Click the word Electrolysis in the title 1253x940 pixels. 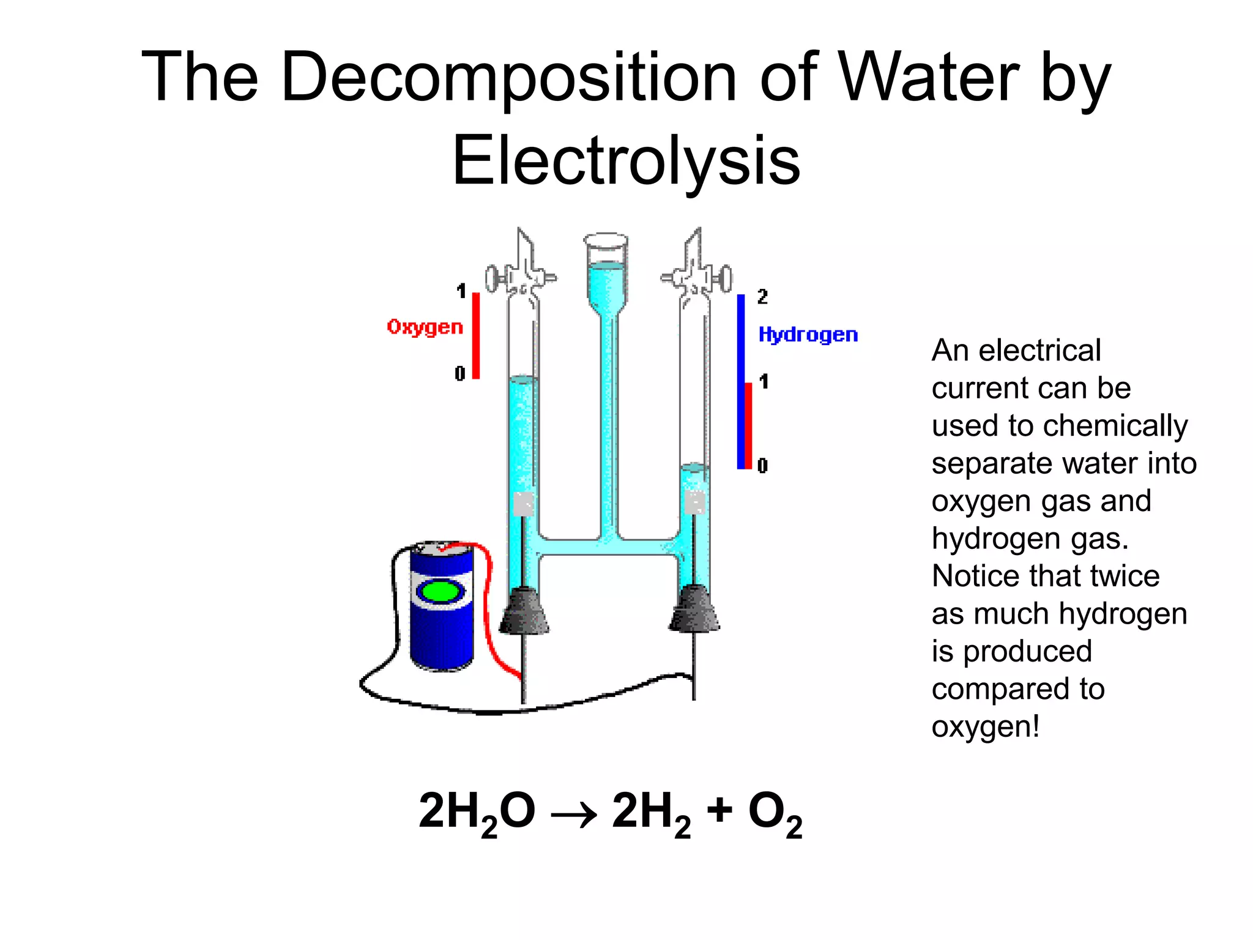(x=626, y=160)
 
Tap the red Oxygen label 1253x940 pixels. (x=425, y=327)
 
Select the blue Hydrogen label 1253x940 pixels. (x=808, y=335)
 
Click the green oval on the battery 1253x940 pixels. (x=441, y=592)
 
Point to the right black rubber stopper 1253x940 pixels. (x=694, y=608)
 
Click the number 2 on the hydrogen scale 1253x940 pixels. (x=762, y=297)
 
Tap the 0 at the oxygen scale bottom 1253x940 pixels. (x=460, y=373)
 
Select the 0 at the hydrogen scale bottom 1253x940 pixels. (x=762, y=466)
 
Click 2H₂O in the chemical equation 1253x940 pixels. (x=477, y=813)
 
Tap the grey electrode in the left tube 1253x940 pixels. (x=523, y=504)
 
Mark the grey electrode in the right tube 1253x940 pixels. (x=695, y=502)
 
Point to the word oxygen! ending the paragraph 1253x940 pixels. (x=985, y=727)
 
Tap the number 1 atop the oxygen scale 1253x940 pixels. (x=461, y=291)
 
